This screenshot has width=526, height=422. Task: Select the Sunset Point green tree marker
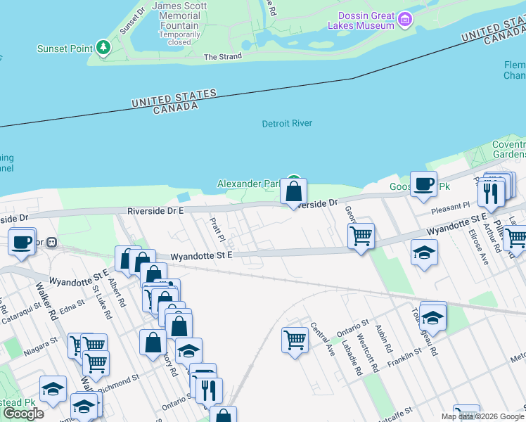coord(104,47)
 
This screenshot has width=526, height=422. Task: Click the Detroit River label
coord(287,124)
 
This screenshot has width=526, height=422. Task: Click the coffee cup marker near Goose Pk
coord(423,184)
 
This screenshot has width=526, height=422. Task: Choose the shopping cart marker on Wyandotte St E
coord(361,236)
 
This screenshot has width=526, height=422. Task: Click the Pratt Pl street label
coord(216,227)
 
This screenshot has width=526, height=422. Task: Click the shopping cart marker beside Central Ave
coord(295,341)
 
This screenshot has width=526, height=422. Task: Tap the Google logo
coord(23,414)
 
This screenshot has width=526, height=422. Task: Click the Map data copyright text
coord(482,416)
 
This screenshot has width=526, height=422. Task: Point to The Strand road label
coord(222,57)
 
